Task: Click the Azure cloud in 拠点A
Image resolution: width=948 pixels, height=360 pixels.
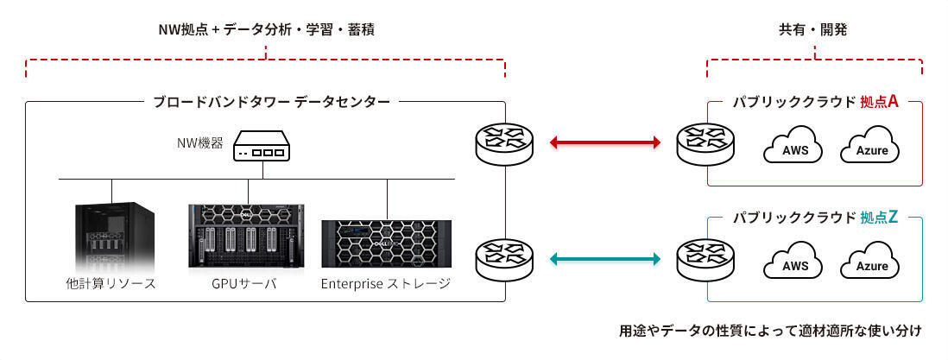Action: (870, 148)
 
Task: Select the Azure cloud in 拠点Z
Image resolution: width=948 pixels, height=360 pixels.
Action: (870, 263)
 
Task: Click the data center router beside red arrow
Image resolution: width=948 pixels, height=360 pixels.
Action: (504, 142)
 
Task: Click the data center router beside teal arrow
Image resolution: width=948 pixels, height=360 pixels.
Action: (504, 257)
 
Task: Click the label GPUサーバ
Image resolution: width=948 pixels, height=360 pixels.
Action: (244, 283)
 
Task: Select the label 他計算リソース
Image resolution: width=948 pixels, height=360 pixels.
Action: (111, 283)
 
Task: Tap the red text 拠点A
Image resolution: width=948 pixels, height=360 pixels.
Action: (879, 102)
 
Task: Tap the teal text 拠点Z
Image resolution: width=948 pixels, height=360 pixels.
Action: (879, 218)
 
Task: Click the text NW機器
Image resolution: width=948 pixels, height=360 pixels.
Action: (194, 143)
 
